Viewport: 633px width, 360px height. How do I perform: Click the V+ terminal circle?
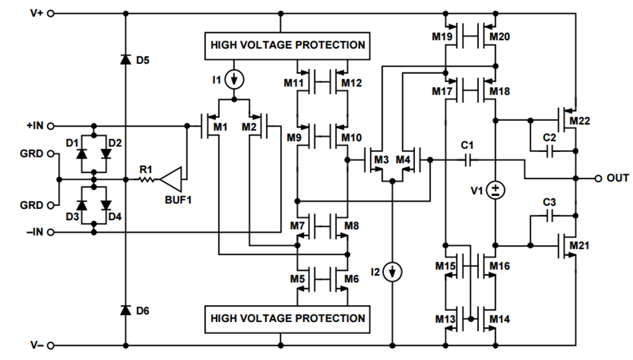coord(50,13)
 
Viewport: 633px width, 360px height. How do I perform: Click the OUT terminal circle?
coord(598,178)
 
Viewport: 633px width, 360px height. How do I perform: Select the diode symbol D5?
coord(126,60)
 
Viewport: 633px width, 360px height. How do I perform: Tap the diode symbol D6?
coord(126,310)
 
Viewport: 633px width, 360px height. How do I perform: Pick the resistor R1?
coord(145,179)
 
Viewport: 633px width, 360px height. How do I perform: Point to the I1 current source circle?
coord(236,79)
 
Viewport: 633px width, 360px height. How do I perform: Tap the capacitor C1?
coord(467,160)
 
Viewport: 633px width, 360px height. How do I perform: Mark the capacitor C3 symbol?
coord(550,214)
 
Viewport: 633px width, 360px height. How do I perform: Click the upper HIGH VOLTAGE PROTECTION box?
coord(288,45)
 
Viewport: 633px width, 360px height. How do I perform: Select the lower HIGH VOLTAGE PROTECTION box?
coord(288,318)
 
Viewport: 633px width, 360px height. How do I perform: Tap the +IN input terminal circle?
coord(50,126)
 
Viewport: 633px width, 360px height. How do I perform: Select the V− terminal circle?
coord(50,345)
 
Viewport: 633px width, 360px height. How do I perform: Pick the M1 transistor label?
coord(221,127)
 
